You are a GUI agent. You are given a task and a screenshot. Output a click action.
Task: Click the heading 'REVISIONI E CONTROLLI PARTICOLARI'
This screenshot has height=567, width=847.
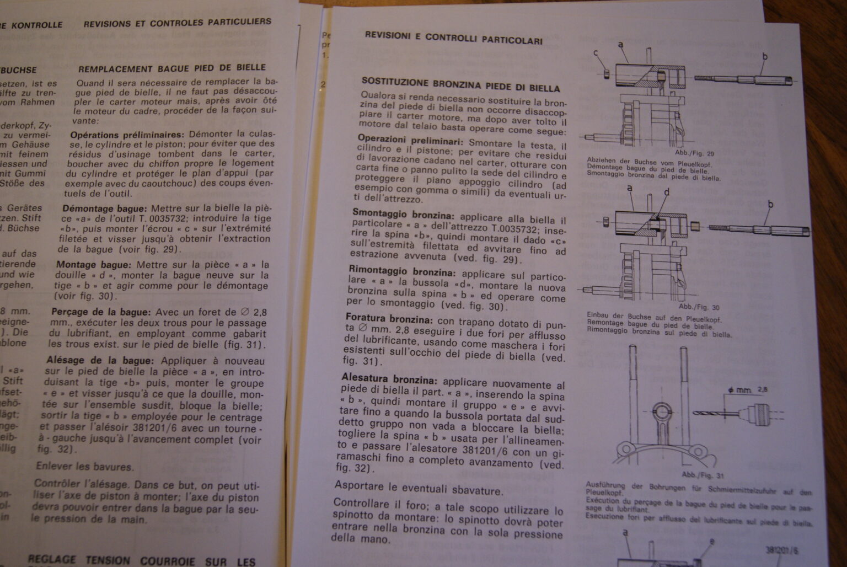[x=453, y=38]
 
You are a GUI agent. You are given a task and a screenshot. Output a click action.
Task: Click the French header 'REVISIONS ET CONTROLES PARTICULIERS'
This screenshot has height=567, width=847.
[x=177, y=23]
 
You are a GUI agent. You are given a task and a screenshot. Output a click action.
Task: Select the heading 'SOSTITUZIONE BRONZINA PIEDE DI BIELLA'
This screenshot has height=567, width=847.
[x=460, y=84]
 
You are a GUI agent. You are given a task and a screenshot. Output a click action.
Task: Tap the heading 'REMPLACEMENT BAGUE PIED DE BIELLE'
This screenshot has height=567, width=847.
[x=172, y=68]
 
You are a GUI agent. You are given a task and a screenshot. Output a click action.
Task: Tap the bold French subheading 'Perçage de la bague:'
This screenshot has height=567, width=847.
[x=100, y=312]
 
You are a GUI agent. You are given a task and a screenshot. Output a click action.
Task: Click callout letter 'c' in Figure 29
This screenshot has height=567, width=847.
[x=596, y=53]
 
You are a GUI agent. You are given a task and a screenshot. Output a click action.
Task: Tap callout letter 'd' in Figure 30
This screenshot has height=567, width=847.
[x=666, y=192]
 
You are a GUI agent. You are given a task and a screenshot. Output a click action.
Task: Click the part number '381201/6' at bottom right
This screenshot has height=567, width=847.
[x=781, y=550]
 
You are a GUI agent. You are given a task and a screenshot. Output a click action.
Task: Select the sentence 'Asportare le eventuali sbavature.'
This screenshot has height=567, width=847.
[x=419, y=489]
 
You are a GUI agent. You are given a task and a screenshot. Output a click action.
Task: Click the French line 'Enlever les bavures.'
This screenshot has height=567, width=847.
[x=84, y=467]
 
